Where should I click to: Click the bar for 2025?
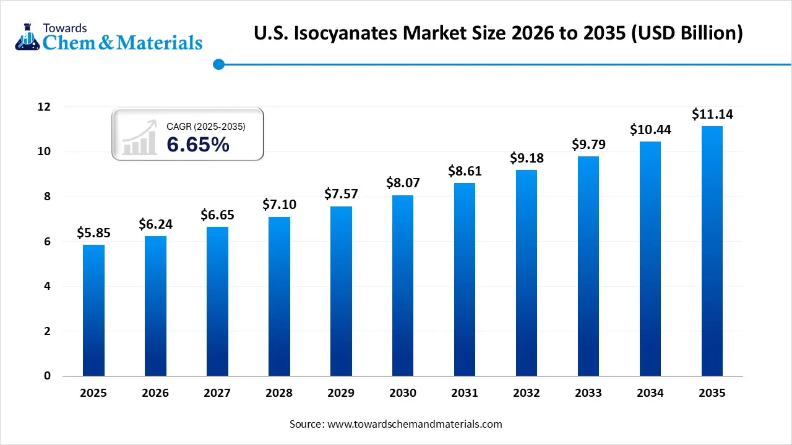[93, 310]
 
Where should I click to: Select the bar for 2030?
[403, 286]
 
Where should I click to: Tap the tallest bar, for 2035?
[712, 251]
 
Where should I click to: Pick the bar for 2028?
[279, 296]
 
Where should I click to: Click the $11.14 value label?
[712, 114]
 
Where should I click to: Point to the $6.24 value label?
[155, 224]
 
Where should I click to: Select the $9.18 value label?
[527, 158]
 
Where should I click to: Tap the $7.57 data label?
[341, 195]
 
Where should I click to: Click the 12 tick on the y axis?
[43, 107]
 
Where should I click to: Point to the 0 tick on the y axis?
[47, 376]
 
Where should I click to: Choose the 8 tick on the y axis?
[47, 197]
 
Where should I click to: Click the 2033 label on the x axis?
[588, 393]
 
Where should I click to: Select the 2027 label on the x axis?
[217, 393]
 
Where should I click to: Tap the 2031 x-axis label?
[465, 393]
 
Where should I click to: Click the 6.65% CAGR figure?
[198, 145]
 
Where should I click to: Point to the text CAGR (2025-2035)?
[206, 127]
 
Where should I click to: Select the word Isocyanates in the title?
[345, 33]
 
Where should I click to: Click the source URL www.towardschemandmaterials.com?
[413, 424]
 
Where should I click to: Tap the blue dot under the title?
[218, 64]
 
